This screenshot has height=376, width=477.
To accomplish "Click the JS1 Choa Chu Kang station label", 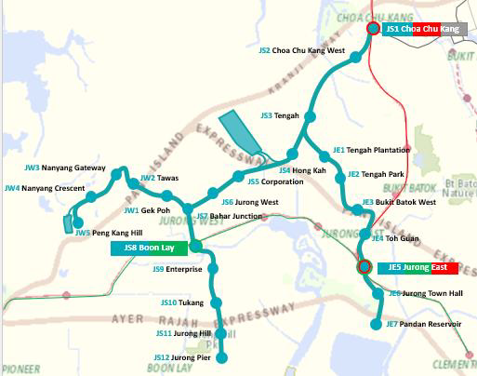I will [x=422, y=30].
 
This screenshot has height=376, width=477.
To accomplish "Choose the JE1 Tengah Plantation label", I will [x=371, y=149].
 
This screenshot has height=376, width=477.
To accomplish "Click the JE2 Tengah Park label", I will [x=376, y=174].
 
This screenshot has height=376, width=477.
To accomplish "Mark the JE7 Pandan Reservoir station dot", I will [x=377, y=324].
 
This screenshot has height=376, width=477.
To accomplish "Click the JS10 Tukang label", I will [x=181, y=302].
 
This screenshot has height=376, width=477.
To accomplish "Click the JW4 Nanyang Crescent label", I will [x=44, y=188].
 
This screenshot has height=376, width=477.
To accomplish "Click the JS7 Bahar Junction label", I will [x=229, y=216].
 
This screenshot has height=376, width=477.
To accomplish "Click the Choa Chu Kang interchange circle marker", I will [x=373, y=30].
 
